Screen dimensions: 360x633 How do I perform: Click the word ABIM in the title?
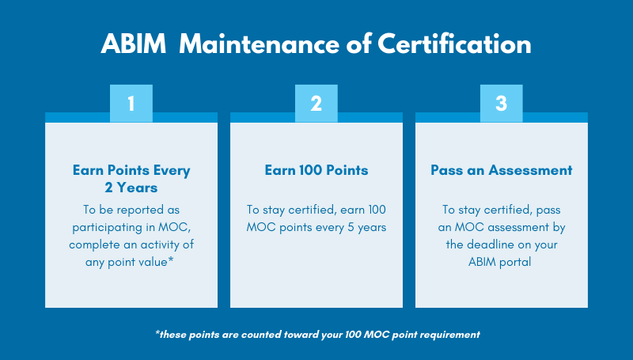133,44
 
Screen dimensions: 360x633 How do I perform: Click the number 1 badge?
131,103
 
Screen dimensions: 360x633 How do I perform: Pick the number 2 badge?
316,103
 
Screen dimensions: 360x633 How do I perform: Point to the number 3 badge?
501,103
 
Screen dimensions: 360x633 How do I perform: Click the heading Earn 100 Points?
316,170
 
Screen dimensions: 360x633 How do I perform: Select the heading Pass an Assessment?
501,170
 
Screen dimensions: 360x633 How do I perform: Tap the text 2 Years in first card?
131,188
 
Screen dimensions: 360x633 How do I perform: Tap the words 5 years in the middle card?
366,227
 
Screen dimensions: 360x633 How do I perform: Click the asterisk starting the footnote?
157,333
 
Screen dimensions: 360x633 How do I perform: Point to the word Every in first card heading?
172,170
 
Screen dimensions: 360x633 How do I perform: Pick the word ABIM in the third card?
484,262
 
